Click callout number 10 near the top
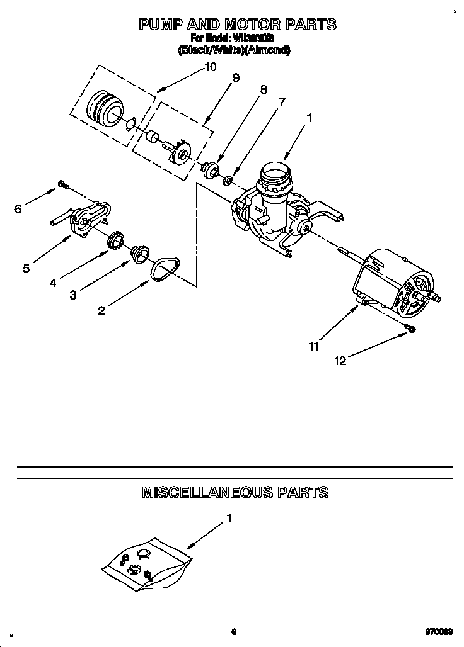(211, 67)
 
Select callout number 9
(236, 78)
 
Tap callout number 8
(264, 90)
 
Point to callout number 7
(282, 101)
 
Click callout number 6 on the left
(18, 210)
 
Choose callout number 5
(26, 269)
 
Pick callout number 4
(53, 283)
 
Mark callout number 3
(73, 295)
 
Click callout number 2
(101, 310)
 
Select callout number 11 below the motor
(313, 346)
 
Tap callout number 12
(340, 361)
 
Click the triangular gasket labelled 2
(164, 269)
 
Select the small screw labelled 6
(63, 184)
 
